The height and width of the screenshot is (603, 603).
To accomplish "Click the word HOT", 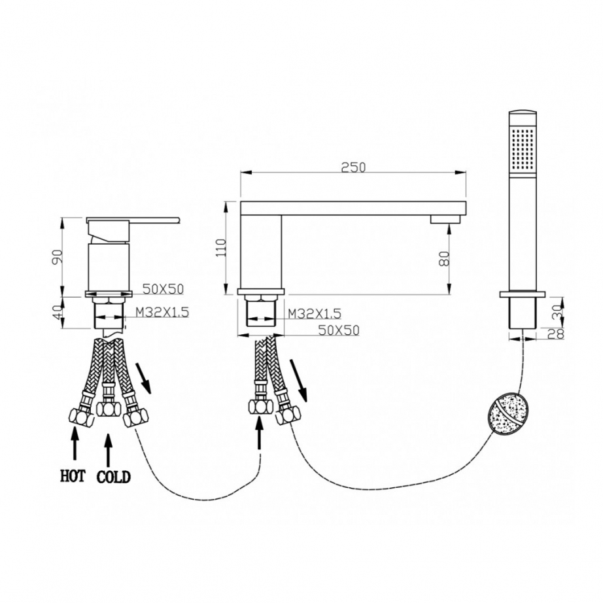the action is [x=73, y=475].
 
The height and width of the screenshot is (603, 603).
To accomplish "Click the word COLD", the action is [x=113, y=477].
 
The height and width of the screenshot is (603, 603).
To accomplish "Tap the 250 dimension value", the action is [x=353, y=167].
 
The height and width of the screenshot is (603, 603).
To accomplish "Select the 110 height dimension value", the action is [x=221, y=248].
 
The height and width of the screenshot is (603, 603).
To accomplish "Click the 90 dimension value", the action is [x=58, y=257].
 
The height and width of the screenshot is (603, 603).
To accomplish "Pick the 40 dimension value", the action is [x=58, y=311].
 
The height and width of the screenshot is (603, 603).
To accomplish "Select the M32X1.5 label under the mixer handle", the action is [x=162, y=312].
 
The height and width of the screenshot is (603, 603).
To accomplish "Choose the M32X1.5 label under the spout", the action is [x=314, y=313].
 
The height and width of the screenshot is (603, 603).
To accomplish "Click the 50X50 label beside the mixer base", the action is [x=163, y=289].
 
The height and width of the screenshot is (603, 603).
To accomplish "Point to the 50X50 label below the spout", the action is [x=338, y=330].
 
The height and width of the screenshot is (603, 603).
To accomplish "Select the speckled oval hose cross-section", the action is [x=508, y=416].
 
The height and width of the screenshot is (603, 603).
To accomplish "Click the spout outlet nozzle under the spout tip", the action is [x=445, y=220].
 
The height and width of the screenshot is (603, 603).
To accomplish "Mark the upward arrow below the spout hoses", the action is [x=260, y=433].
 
